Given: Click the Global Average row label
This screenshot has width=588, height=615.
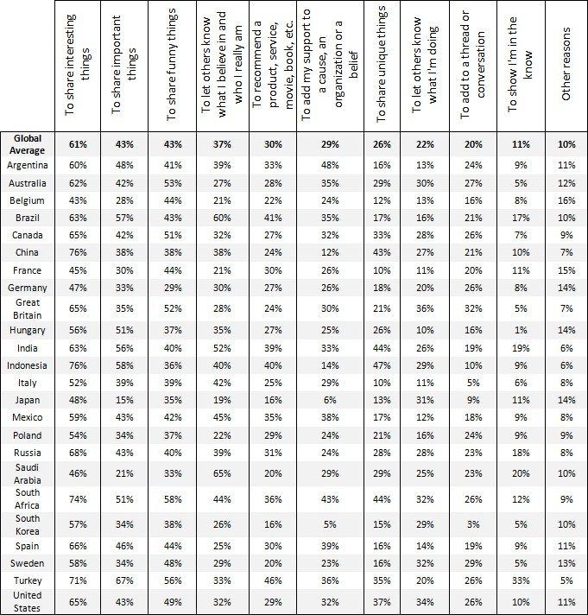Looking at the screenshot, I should [27, 143].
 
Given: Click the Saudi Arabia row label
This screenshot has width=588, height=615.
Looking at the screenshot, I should [27, 473].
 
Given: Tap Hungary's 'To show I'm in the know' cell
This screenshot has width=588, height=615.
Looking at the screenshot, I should [520, 330].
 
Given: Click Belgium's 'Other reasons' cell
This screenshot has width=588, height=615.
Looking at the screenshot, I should [566, 200].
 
